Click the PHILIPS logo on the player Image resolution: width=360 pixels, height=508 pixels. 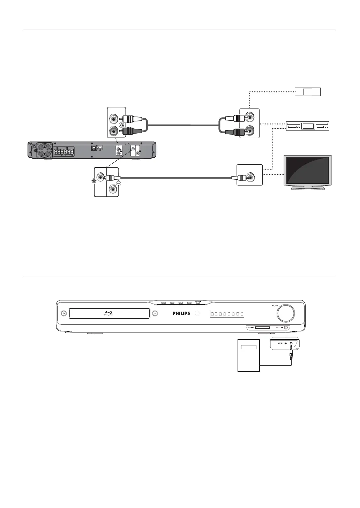tap(181, 313)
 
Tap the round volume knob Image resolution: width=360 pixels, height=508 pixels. tap(286, 313)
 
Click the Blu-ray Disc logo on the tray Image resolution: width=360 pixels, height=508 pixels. tap(108, 313)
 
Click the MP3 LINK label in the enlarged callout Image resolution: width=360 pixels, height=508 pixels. tap(282, 343)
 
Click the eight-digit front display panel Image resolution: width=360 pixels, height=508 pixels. tap(227, 314)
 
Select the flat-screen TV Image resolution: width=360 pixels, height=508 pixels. tap(308, 172)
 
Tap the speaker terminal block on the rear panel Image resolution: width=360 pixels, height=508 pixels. tap(64, 152)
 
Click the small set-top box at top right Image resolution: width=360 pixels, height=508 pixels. tap(307, 92)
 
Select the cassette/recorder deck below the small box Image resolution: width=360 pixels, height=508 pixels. tap(307, 126)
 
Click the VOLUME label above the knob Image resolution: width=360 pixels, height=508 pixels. tap(276, 306)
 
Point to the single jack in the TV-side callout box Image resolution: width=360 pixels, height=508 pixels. tap(250, 177)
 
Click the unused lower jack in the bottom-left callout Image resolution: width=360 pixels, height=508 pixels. tap(112, 190)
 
